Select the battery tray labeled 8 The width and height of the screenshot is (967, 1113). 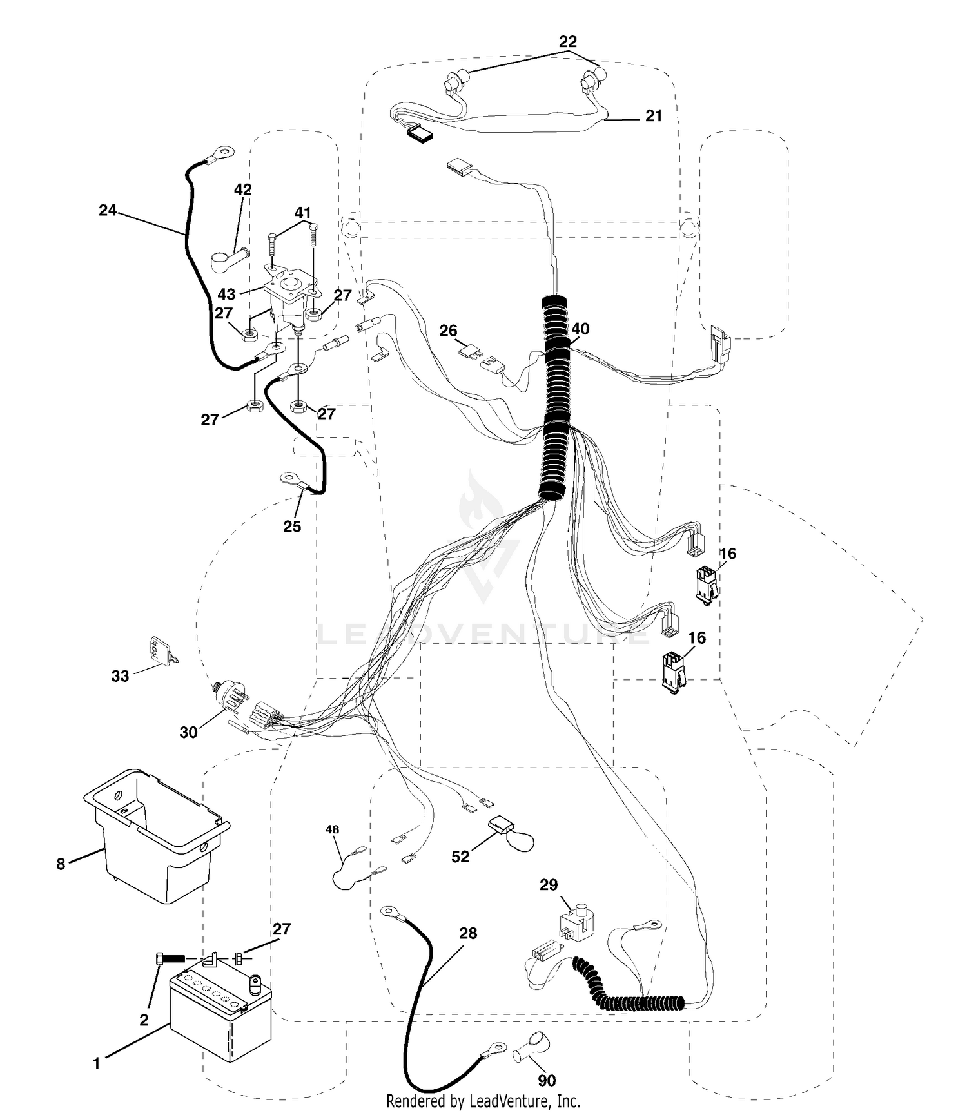156,835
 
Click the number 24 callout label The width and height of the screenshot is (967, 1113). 108,210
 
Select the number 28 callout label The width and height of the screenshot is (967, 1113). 468,933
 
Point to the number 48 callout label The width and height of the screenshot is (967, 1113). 333,829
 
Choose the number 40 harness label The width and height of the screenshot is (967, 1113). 580,329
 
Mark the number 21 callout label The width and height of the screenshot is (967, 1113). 654,116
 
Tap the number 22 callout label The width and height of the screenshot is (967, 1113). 568,42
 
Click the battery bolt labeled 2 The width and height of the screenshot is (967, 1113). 171,959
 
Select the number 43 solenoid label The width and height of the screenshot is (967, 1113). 226,295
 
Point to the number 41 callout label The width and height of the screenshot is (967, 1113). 303,213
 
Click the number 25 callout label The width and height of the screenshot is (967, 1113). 292,527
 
